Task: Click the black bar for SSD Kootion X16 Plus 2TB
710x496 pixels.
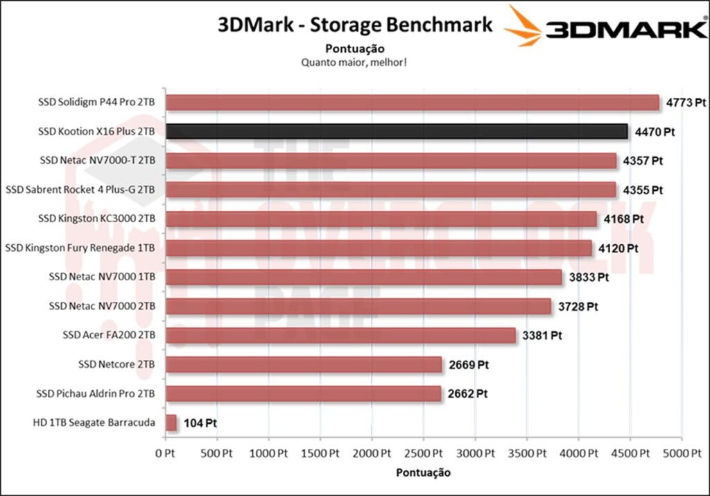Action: [397, 131]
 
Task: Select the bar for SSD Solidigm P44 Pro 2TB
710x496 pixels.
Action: [412, 102]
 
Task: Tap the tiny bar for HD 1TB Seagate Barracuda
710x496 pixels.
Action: [171, 422]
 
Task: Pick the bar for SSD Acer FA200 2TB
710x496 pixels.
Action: [340, 335]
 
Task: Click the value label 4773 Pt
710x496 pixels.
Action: [686, 102]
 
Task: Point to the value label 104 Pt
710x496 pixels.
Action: [200, 423]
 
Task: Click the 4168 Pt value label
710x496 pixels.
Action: [623, 219]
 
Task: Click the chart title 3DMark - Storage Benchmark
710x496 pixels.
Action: [355, 25]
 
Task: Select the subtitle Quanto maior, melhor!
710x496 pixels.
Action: [354, 62]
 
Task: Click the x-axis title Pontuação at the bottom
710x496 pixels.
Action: [423, 472]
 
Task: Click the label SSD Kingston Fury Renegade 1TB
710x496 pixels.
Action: [80, 248]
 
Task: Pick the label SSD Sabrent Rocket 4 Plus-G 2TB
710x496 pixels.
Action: [80, 189]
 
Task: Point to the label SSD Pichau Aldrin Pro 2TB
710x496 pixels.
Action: [96, 393]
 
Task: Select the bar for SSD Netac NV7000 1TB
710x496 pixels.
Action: [364, 277]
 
